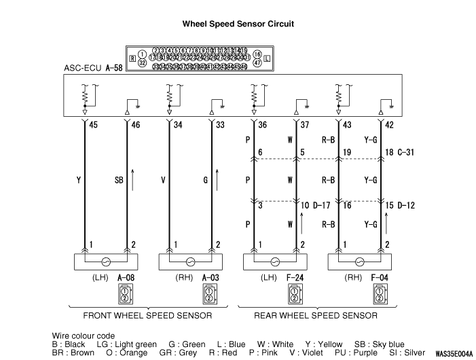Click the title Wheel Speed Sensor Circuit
(238, 24)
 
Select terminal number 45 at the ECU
(94, 124)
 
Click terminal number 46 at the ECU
(135, 124)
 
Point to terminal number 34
(178, 124)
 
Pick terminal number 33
(220, 124)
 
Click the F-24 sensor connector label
(294, 277)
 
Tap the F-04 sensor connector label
(378, 277)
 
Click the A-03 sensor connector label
(210, 277)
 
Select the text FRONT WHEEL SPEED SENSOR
(147, 316)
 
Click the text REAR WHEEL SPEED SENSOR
(316, 316)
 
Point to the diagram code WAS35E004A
(453, 353)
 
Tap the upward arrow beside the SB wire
(133, 179)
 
